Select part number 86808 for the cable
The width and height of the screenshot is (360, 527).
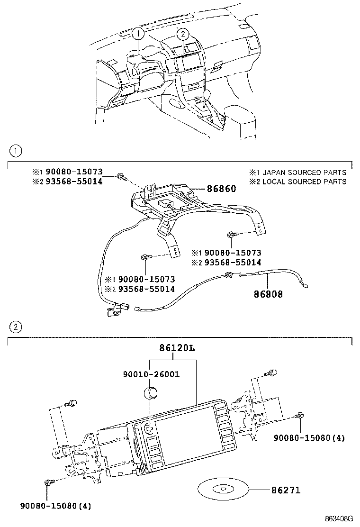point(268,294)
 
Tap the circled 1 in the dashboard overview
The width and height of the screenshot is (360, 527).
point(138,34)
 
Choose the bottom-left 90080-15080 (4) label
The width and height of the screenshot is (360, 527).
point(55,506)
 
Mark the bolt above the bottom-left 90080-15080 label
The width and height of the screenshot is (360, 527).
point(48,482)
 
